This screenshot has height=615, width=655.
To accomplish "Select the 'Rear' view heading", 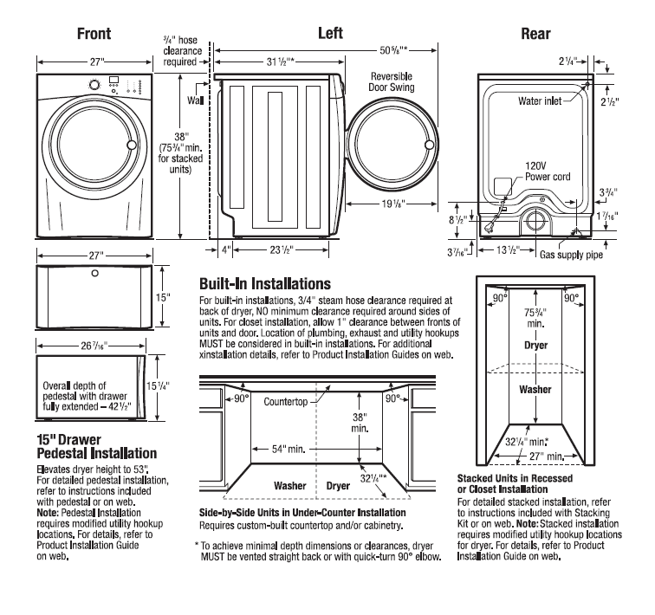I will point(535,35).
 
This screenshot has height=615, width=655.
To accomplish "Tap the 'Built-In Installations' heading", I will point(264,283).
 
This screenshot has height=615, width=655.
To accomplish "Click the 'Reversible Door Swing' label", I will point(390,81).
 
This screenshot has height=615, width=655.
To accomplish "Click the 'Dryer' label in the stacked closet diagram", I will point(535,345).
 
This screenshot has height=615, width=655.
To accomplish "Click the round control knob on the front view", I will point(93,85).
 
